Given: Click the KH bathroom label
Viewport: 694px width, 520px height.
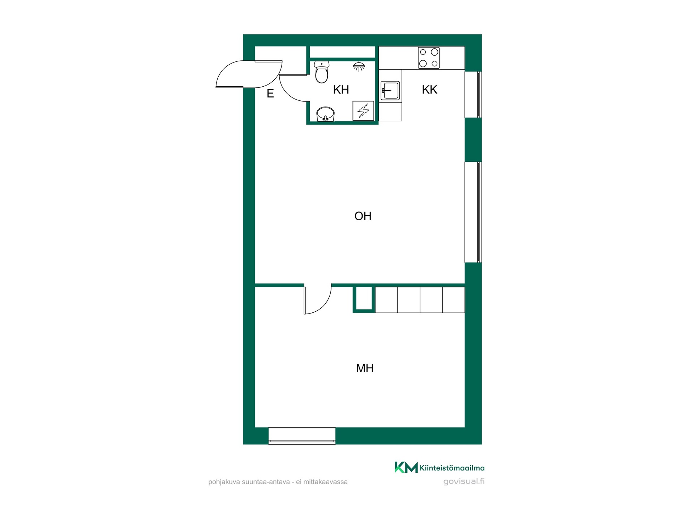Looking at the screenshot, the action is [x=341, y=90].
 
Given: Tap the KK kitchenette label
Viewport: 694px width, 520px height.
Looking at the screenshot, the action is [x=429, y=90].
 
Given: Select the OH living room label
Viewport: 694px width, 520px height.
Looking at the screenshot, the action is [x=363, y=216].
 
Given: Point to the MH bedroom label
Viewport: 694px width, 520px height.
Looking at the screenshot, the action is [x=365, y=368].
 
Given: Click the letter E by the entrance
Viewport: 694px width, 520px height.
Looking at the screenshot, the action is [x=270, y=94].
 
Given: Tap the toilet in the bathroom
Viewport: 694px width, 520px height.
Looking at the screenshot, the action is [x=322, y=72].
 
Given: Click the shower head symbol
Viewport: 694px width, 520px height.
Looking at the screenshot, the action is [x=359, y=66].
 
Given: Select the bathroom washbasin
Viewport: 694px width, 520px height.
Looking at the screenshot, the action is [x=325, y=114].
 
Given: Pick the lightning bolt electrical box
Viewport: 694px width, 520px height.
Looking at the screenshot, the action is [x=363, y=111].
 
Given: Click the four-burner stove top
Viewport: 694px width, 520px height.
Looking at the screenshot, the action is [x=429, y=58].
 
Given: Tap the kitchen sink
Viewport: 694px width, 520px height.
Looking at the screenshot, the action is [x=390, y=91].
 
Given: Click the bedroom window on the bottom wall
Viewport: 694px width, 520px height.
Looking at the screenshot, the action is [x=302, y=435].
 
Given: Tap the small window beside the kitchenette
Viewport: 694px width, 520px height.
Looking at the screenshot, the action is [x=473, y=95].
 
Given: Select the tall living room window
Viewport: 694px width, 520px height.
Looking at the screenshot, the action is [x=473, y=212].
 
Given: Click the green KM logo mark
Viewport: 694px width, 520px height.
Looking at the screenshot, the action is [x=406, y=467].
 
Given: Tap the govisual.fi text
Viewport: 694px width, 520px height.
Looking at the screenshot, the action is [x=464, y=481].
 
